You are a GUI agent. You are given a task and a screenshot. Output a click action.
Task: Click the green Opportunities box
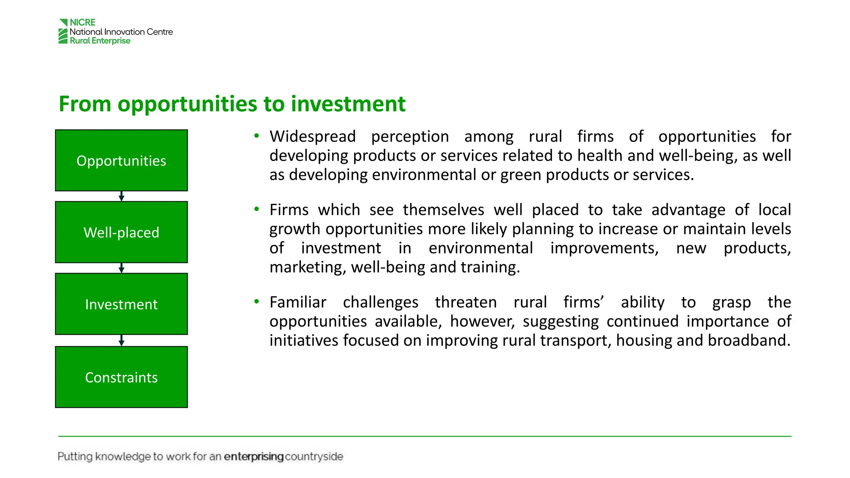coord(121,160)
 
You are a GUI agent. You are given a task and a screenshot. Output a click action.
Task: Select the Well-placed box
coord(121,232)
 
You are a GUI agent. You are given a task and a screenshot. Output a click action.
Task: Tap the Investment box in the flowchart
coord(121,304)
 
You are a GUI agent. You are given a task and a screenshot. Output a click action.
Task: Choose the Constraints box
coord(121,377)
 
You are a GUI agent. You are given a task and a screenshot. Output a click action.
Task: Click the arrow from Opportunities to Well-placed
coord(121,196)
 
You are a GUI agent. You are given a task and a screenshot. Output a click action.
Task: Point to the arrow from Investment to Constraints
coord(121,340)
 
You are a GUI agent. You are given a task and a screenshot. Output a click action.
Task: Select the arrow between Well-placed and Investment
coord(121,268)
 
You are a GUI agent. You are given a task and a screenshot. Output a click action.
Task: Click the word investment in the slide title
coord(348,104)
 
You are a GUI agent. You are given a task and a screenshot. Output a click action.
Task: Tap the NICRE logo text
coord(83,22)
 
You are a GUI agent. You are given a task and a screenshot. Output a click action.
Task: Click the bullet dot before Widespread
coord(256,136)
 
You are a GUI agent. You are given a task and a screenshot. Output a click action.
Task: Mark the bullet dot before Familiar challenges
coord(256,302)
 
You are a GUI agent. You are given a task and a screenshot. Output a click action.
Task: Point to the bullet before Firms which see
coord(256,209)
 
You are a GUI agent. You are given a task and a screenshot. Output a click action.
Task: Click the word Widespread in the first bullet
coord(313,137)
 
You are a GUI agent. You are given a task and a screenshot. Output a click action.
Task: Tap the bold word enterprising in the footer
coord(254,456)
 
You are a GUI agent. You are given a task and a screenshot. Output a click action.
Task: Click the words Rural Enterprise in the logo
coord(100,41)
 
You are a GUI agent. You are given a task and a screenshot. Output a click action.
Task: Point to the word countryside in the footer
coord(314,456)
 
